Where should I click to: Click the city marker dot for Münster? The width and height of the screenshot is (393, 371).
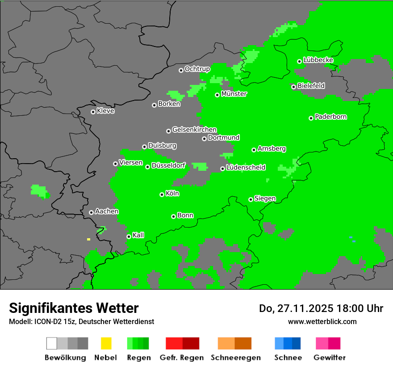coord(217,95)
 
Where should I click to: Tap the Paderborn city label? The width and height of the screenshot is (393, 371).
coord(330,117)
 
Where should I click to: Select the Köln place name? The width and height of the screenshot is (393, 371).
coord(172,194)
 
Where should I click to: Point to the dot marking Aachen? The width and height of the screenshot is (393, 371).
coord(91,212)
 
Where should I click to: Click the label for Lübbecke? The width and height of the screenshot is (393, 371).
coord(318,60)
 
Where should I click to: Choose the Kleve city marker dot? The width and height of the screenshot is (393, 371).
coord(93,112)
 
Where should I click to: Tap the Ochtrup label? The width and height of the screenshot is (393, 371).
coord(197,69)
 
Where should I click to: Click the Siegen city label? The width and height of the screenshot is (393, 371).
coord(265,198)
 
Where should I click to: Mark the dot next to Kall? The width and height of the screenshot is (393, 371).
coord(129,236)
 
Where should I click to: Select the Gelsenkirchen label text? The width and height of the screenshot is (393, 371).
coord(194,130)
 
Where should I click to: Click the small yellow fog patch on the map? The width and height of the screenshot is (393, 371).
coord(88,239)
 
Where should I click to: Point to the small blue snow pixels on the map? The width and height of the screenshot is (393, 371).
coord(352,240)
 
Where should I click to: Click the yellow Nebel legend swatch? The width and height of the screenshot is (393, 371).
coord(106,343)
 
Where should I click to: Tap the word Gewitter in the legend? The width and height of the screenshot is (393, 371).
coord(329,358)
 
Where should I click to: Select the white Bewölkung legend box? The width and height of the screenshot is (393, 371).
coord(52,343)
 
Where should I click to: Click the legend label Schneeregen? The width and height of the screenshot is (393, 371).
coord(235,358)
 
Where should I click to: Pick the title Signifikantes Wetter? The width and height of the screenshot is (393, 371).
coord(74,308)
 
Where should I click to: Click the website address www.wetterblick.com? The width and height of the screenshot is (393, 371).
coord(322,321)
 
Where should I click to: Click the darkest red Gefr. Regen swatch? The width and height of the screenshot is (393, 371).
coord(191,343)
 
